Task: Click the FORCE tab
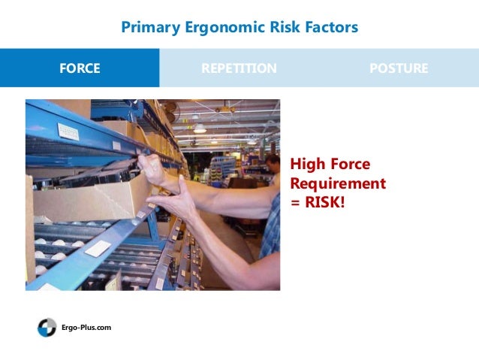80,68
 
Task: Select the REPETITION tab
239,68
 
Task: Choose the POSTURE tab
399,68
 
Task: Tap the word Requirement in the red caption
338,183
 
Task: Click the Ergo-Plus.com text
86,328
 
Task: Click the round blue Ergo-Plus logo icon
47,328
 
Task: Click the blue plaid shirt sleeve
271,225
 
